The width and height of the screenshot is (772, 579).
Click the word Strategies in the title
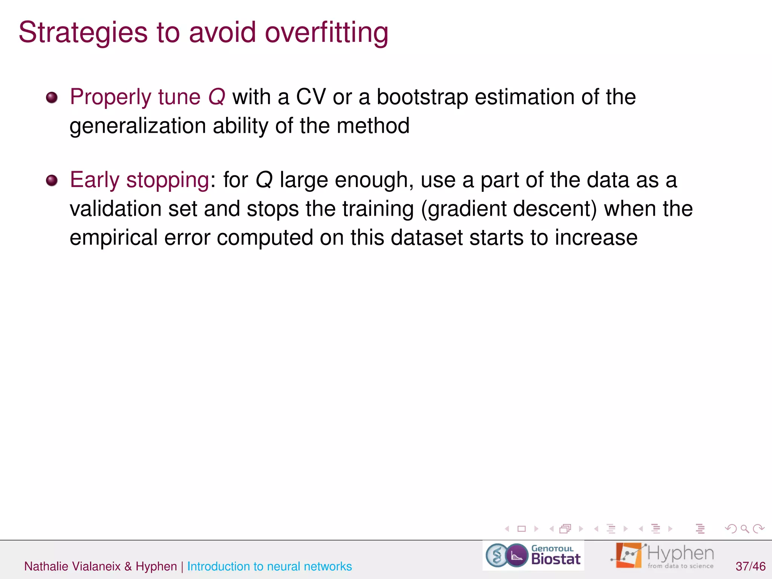pyautogui.click(x=83, y=33)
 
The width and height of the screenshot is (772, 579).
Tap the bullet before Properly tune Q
pyautogui.click(x=52, y=98)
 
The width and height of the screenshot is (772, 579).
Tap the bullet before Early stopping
pyautogui.click(x=52, y=181)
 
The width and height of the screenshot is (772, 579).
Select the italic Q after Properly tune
pyautogui.click(x=217, y=97)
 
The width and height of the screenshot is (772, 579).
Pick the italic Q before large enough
pyautogui.click(x=264, y=180)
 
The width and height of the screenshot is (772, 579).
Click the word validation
pyautogui.click(x=115, y=209)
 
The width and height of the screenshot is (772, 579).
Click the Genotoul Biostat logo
pyautogui.click(x=533, y=556)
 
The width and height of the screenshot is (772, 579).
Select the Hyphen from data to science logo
pyautogui.click(x=663, y=556)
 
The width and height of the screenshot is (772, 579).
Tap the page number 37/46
pyautogui.click(x=750, y=566)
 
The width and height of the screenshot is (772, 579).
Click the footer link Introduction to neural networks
pyautogui.click(x=269, y=566)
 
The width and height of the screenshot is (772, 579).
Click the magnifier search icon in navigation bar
pyautogui.click(x=744, y=529)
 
